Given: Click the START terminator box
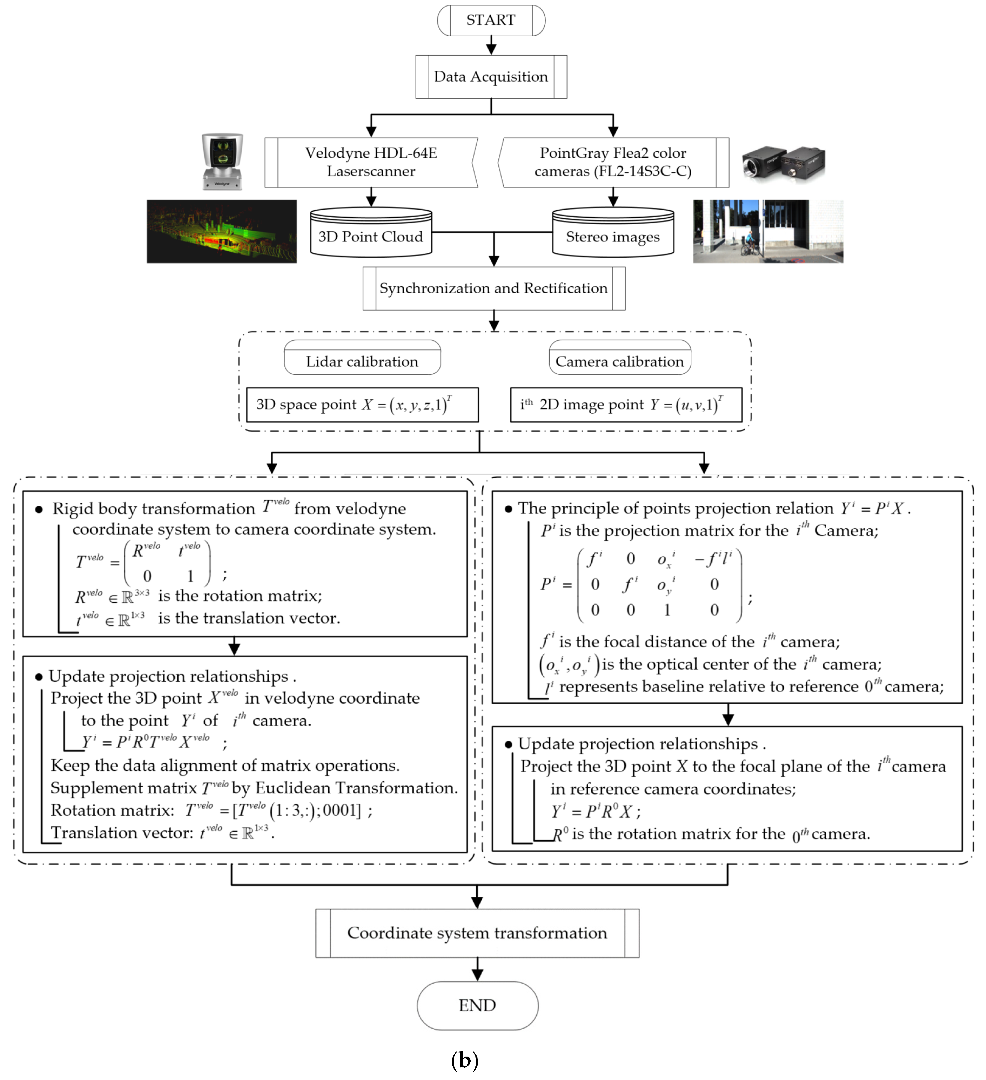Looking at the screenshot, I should [x=490, y=20].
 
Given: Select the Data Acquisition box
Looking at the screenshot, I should [x=490, y=76].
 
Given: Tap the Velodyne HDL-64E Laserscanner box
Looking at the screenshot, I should [x=371, y=162].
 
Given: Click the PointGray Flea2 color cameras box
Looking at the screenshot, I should [x=613, y=162].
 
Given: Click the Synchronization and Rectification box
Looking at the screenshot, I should [x=493, y=288].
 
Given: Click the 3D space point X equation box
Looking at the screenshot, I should [x=362, y=405].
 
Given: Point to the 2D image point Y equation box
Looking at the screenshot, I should [x=626, y=405].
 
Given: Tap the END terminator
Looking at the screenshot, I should [x=477, y=1006].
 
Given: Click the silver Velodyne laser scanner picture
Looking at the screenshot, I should [x=222, y=162].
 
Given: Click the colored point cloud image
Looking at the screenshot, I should [x=222, y=232].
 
